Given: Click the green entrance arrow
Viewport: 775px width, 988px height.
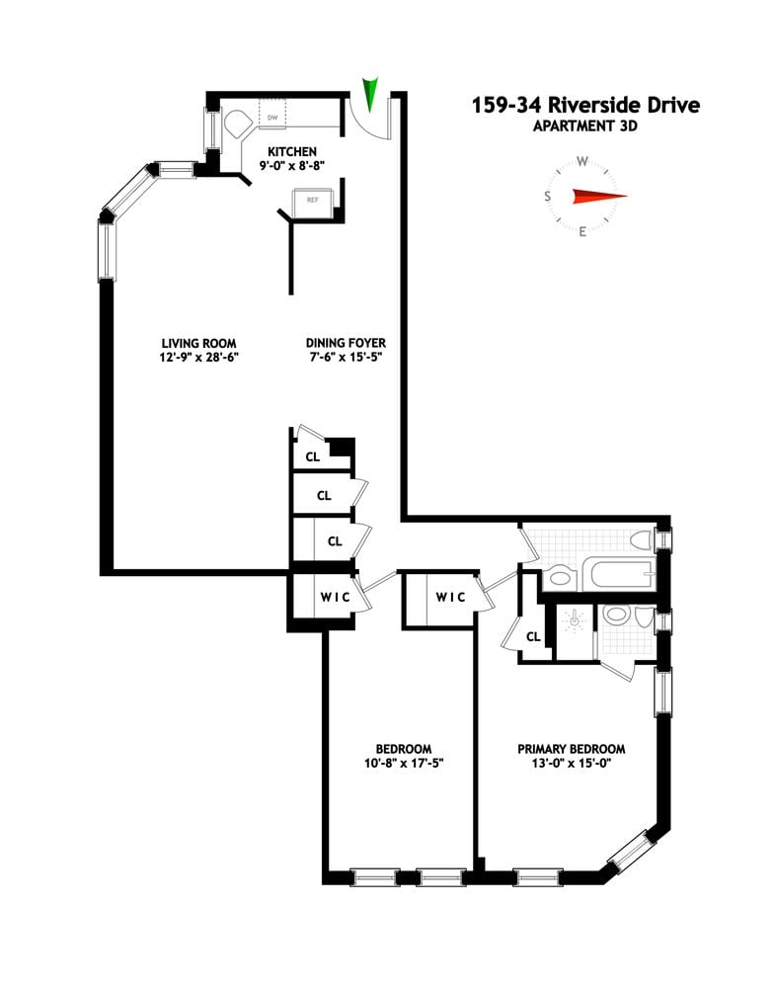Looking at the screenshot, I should click(371, 94).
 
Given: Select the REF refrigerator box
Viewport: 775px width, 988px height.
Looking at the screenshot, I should click(313, 201).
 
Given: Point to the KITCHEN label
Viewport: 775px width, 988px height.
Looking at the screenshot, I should click(289, 151).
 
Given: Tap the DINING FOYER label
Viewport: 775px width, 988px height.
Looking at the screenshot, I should click(347, 343).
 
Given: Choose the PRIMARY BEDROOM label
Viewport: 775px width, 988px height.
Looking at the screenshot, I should click(572, 749).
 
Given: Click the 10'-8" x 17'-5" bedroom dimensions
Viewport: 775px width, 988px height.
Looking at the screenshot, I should click(402, 763).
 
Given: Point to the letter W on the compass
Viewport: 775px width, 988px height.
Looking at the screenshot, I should click(582, 161).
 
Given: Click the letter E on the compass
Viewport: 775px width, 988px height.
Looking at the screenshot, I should click(582, 232).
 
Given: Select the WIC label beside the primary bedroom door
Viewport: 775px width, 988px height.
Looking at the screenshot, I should click(451, 597).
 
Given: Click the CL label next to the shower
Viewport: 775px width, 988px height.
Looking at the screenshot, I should click(533, 636).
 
